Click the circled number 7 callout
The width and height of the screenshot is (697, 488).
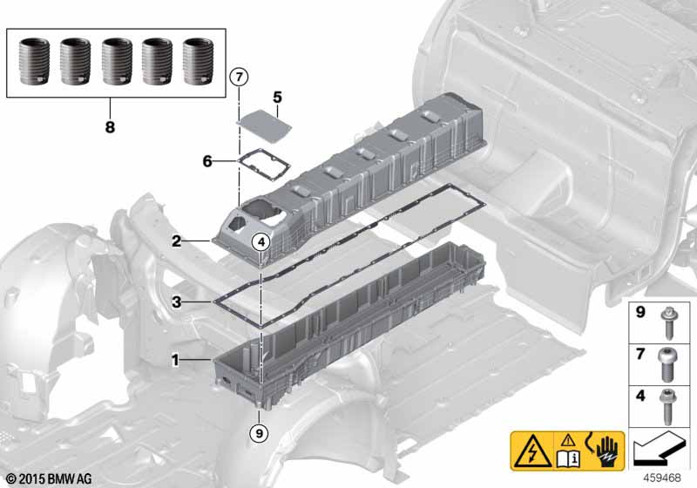tap(239, 78)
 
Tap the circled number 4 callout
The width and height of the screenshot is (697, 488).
tap(261, 241)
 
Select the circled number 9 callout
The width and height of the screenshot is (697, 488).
tap(259, 432)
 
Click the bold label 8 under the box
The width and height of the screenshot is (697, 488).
tap(110, 127)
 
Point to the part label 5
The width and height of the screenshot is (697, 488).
tap(277, 97)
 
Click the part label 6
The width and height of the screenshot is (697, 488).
tap(207, 161)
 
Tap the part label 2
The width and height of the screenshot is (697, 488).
tap(177, 241)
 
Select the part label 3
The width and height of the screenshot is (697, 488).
tap(177, 302)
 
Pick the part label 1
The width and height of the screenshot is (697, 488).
tap(176, 360)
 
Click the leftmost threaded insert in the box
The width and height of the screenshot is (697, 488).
tap(34, 62)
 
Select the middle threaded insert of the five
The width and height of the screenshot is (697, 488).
tap(117, 62)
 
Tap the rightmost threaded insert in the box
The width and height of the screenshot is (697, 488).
tap(199, 62)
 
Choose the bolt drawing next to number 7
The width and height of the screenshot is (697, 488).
tap(666, 364)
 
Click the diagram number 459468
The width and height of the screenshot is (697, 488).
tap(662, 478)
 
